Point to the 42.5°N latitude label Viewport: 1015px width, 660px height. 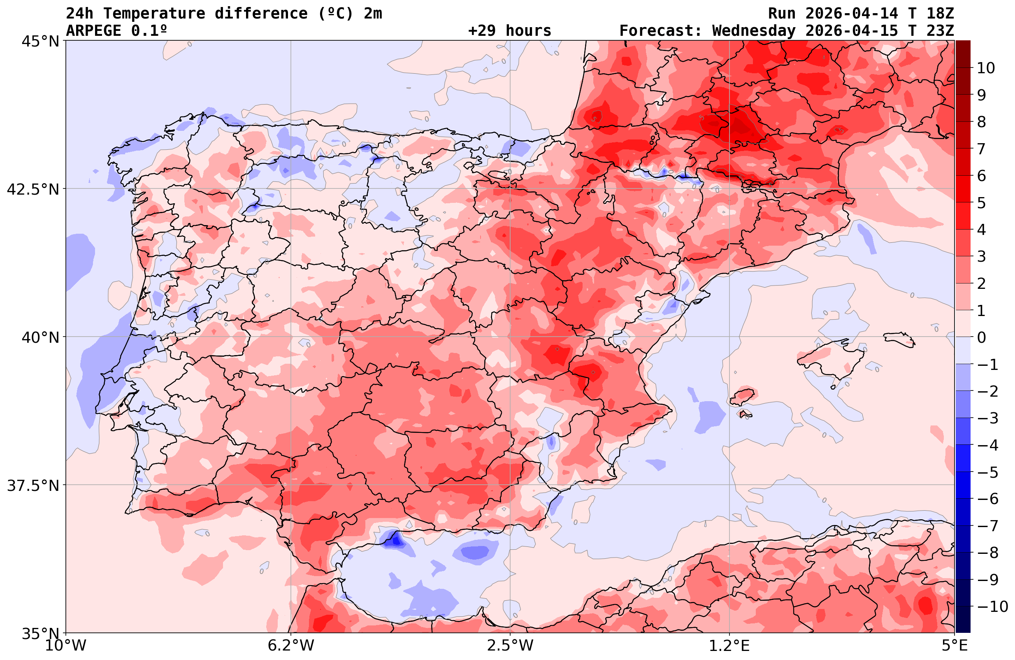(x=33, y=189)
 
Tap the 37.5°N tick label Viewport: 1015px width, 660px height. (x=33, y=486)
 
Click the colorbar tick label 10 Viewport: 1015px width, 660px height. (x=986, y=68)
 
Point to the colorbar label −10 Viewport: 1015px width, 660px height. (x=992, y=607)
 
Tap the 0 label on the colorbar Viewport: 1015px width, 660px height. (x=981, y=337)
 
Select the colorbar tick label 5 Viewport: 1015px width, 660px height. (x=981, y=203)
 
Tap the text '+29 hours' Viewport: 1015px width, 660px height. (x=510, y=31)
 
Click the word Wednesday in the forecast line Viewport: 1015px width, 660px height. (x=754, y=31)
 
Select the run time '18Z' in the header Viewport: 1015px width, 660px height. (x=940, y=14)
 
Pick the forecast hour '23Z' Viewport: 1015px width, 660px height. (x=940, y=31)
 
